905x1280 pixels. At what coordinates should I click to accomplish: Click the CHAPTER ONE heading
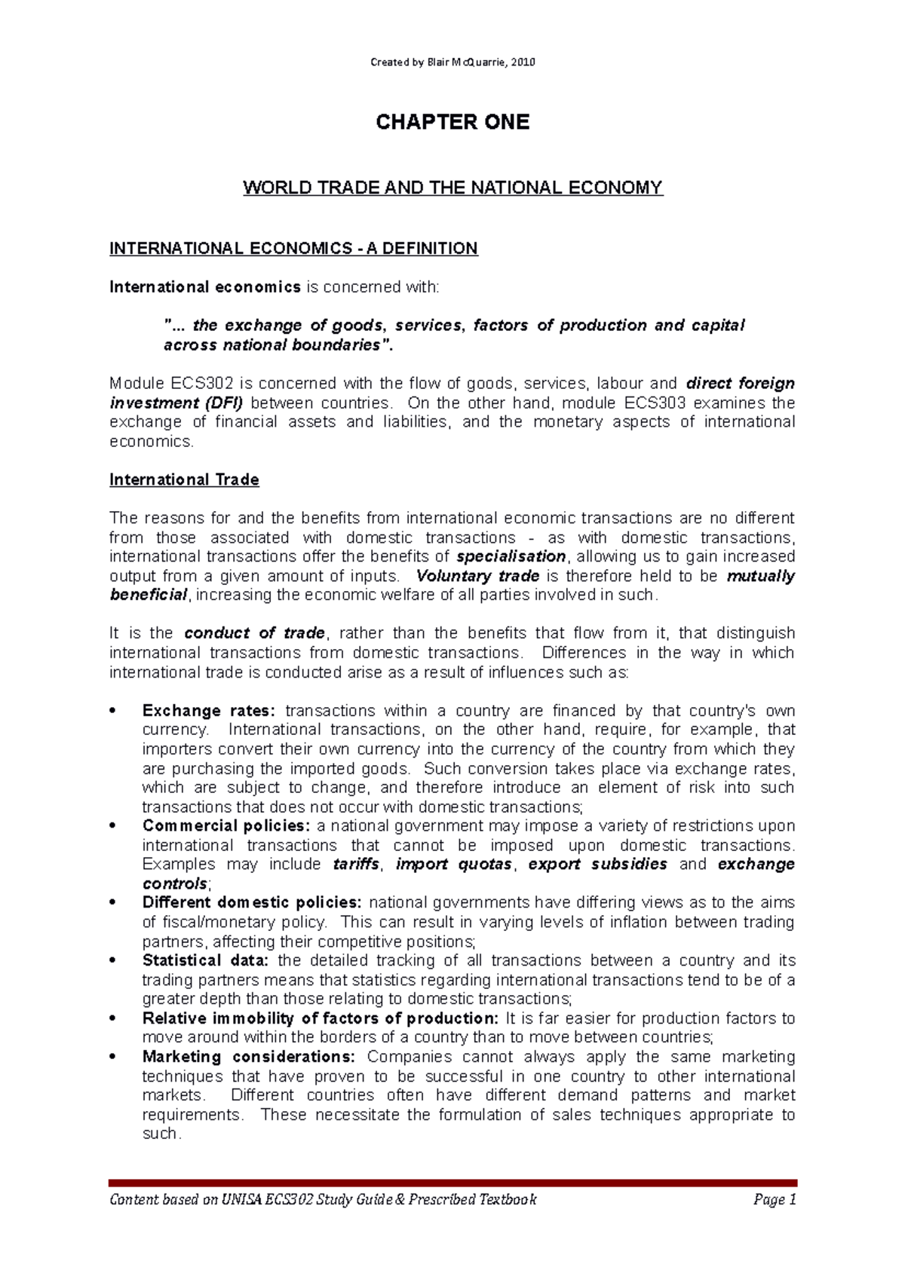452,122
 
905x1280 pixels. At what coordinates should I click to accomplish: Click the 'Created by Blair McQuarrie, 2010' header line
452,63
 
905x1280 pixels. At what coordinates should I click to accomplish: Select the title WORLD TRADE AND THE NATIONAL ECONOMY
452,188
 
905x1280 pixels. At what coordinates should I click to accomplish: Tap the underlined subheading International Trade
184,480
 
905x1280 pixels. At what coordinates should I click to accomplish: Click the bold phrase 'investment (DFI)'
176,403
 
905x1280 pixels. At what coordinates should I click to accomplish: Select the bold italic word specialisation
511,556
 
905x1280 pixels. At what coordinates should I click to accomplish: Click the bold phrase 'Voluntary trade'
477,576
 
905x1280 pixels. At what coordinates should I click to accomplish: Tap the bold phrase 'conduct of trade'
255,633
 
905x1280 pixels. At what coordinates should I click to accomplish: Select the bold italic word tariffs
356,864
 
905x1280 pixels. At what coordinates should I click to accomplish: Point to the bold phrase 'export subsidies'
597,864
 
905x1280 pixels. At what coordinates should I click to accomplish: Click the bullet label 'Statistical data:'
205,960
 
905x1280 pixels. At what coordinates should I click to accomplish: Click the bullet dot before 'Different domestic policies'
112,903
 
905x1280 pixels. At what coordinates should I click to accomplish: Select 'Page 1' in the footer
775,1199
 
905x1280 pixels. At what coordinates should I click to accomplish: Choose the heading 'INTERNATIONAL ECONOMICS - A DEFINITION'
293,249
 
